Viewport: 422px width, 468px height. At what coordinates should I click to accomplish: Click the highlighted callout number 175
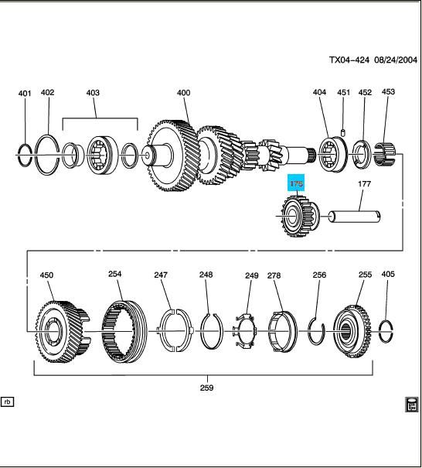click(x=297, y=184)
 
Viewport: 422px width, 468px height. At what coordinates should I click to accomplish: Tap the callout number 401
click(x=25, y=94)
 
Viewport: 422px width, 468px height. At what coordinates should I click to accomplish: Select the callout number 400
click(x=183, y=94)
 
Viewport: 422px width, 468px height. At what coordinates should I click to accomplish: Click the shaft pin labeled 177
click(x=356, y=217)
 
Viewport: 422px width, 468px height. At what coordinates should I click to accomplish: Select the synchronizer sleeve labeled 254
click(x=124, y=332)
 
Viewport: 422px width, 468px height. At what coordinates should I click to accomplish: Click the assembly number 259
click(x=207, y=388)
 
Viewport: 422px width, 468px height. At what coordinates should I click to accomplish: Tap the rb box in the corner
click(x=9, y=402)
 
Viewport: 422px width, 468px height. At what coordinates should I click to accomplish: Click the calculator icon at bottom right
click(x=411, y=405)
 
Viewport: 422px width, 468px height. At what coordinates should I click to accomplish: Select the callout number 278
click(x=274, y=275)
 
